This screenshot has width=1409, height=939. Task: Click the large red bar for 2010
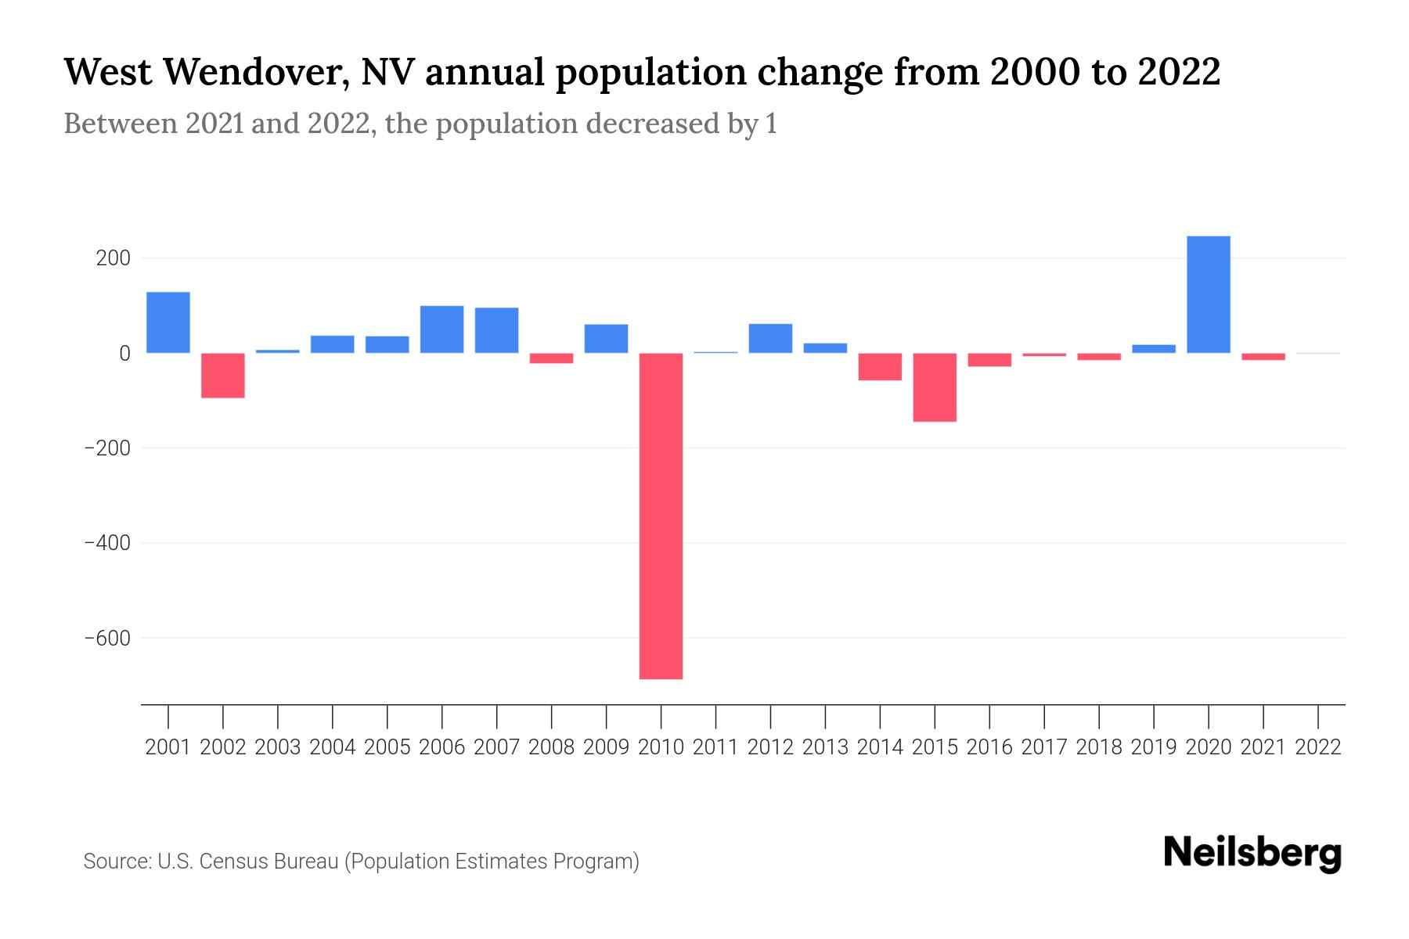coord(661,516)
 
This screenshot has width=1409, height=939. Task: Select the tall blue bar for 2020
coord(1208,294)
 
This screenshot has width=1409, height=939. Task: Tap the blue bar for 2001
coord(168,322)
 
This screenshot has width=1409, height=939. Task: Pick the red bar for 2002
coord(223,376)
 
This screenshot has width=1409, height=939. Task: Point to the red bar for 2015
coord(935,387)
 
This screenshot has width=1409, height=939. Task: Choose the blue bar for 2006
coord(442,329)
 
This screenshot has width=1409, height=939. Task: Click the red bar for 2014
coord(880,367)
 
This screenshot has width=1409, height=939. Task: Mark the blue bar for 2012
coord(770,338)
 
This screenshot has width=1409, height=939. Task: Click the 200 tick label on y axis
coord(113,258)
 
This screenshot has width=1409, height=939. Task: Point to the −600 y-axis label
coord(107,638)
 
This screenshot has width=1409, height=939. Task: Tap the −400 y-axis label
coord(107,543)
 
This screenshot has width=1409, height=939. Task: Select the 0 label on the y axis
coord(124,354)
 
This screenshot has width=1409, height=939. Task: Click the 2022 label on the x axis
coord(1318,747)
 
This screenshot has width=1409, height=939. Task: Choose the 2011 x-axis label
coord(715,747)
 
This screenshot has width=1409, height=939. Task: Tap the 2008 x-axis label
coord(552,747)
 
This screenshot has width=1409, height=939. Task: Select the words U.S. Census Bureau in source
coord(248,862)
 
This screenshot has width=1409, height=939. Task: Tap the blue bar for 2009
coord(606,339)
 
